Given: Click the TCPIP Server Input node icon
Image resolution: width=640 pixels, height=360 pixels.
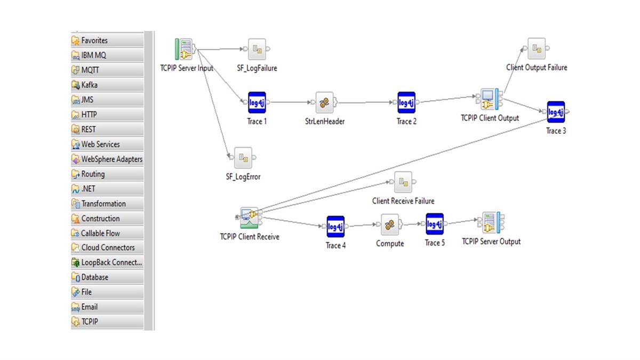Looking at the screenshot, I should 185,50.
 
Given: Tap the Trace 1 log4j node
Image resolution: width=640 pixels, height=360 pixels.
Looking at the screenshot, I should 257,102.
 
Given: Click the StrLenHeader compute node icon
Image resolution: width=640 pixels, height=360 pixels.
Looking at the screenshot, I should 324,102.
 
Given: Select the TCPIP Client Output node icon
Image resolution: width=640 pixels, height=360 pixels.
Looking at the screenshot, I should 488,99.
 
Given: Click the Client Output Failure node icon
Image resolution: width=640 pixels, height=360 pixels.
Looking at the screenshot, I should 537,49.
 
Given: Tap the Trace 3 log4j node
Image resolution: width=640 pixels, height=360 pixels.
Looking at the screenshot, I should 556,112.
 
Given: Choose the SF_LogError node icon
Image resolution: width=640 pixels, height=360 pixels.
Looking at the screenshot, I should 243,158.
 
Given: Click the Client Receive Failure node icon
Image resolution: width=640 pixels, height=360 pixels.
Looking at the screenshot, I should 403,182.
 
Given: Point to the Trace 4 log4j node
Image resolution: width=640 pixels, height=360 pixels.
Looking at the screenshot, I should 335,227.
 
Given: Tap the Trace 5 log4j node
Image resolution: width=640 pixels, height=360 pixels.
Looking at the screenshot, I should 435,224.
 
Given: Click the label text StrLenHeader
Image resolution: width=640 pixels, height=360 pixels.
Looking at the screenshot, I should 321,122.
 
